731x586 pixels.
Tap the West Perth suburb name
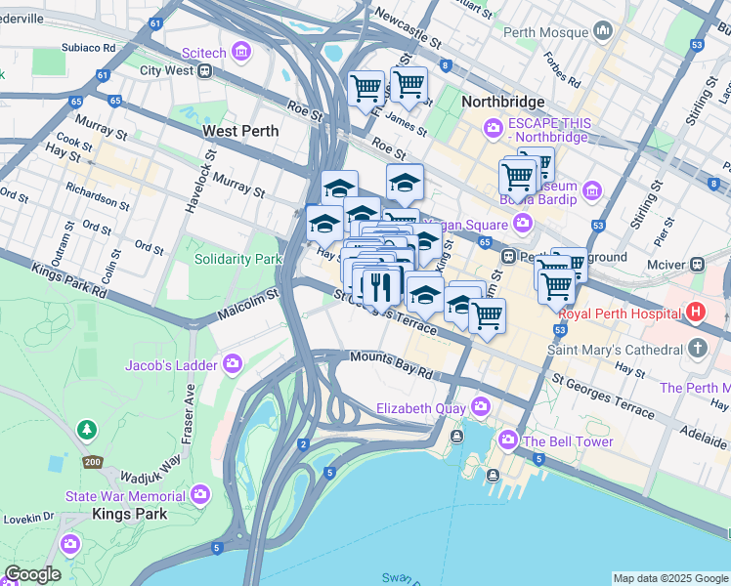(x=240, y=131)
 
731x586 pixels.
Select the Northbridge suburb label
(x=501, y=102)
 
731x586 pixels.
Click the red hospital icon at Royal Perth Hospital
(x=696, y=314)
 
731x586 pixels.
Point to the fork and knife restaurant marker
(x=377, y=286)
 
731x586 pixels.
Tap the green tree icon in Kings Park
(x=87, y=430)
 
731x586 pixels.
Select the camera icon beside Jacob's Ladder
(x=232, y=365)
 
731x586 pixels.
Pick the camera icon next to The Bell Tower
(x=508, y=440)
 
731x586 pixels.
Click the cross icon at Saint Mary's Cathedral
(x=697, y=349)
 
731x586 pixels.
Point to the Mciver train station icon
(x=698, y=263)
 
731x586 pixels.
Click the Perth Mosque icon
(x=603, y=31)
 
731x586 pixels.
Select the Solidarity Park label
(x=237, y=259)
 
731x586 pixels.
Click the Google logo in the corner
(x=32, y=574)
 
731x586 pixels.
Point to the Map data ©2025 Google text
(x=670, y=578)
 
